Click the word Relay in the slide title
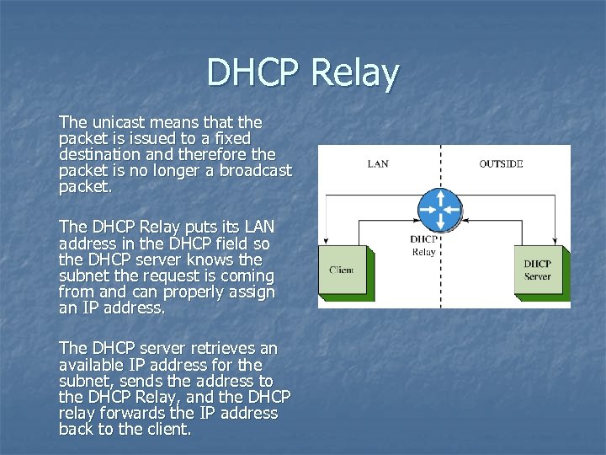[x=354, y=74]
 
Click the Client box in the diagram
[x=342, y=270]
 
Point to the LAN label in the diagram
[x=378, y=163]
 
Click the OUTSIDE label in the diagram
[x=501, y=163]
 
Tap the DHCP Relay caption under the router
[x=423, y=245]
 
